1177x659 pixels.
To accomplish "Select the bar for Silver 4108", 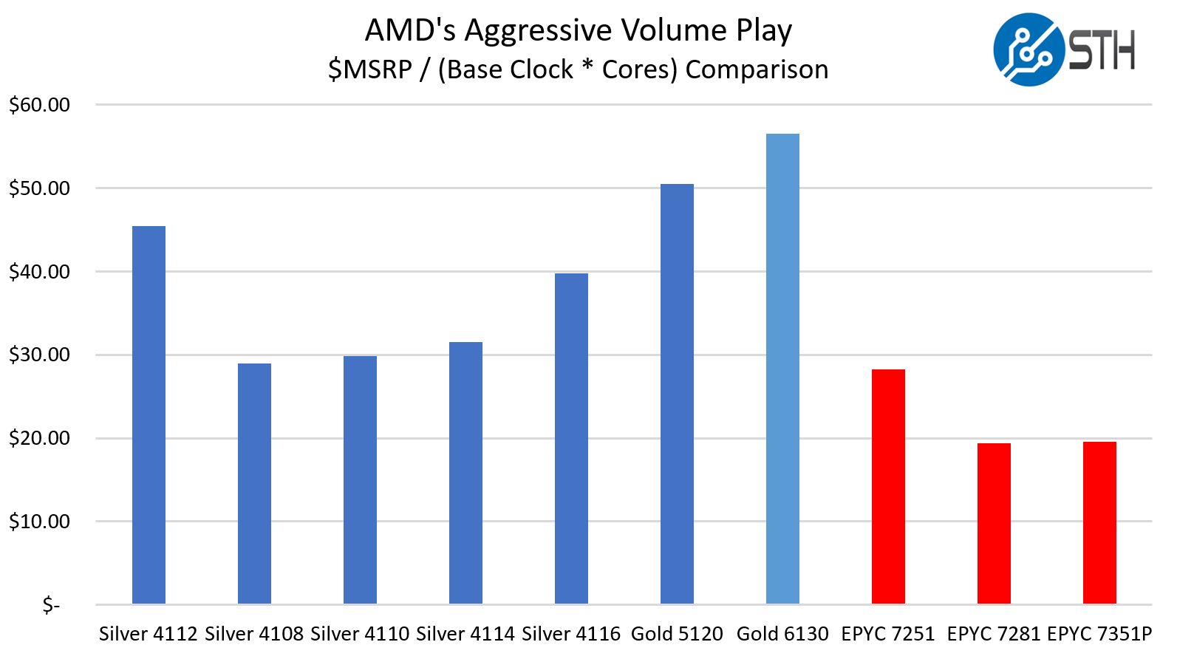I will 254,484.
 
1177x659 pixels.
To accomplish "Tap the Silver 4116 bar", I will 571,439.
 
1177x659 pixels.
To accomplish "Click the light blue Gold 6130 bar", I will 782,369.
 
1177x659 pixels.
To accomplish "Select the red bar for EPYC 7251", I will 888,487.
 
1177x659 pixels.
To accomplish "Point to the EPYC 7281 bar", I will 994,524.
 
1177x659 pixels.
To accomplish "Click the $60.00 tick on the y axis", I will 39,105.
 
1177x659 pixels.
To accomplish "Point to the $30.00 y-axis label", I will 39,355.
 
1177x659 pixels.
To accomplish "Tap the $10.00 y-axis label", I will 39,522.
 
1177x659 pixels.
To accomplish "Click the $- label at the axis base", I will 50,606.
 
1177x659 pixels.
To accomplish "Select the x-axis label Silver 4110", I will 360,634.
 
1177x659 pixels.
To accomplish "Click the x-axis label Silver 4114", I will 465,634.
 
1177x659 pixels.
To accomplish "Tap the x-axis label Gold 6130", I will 782,634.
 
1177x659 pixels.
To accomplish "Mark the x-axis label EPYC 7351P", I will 1099,634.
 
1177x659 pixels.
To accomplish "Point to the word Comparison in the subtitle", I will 757,69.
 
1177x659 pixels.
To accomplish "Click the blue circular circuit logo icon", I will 1028,49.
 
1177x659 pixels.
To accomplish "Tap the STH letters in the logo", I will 1102,50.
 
